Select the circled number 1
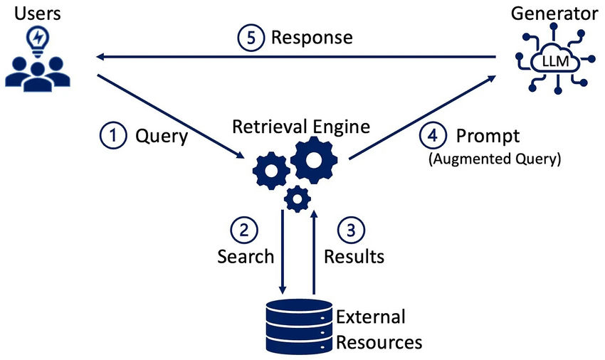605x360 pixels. click(x=112, y=135)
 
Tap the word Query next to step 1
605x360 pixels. click(x=161, y=135)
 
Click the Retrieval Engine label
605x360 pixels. click(x=301, y=127)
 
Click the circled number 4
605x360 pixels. click(x=433, y=135)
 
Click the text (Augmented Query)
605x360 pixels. click(x=494, y=159)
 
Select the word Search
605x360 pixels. click(x=245, y=255)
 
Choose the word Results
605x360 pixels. click(x=354, y=255)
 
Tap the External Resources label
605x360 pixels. click(x=378, y=329)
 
